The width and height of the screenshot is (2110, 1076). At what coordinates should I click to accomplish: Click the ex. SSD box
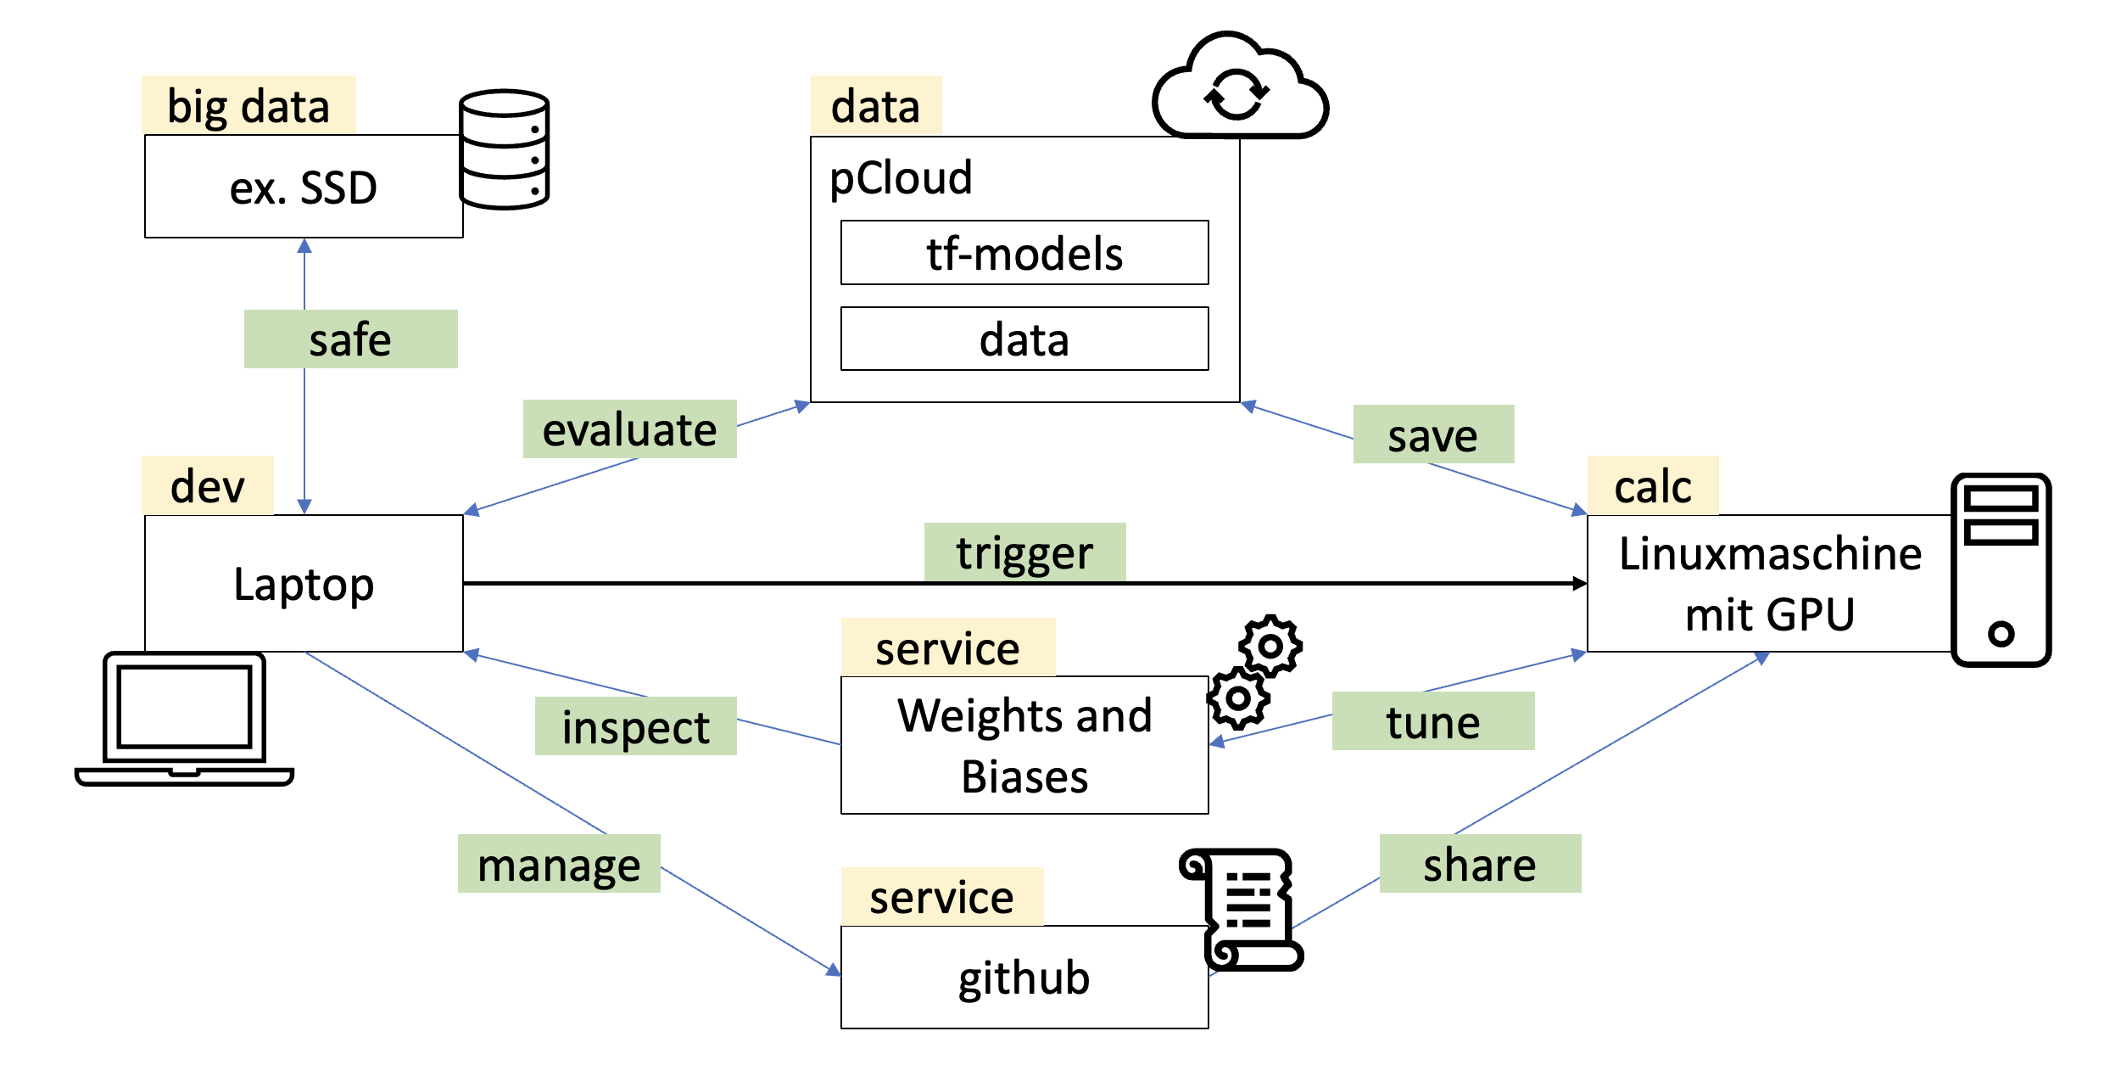point(304,187)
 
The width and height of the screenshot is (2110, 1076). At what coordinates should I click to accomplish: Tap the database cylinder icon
point(504,149)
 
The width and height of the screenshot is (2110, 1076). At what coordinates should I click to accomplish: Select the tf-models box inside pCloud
point(1024,253)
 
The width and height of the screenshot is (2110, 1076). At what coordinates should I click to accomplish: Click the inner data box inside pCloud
point(1024,339)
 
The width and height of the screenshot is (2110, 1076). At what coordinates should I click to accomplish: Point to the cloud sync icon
point(1239,89)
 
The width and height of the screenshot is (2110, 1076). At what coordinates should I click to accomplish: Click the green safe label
point(350,339)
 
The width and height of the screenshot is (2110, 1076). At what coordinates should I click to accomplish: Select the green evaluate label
point(629,429)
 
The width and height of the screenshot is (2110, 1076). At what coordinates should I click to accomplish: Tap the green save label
point(1433,434)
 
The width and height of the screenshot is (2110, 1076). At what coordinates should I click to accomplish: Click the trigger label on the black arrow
point(1024,552)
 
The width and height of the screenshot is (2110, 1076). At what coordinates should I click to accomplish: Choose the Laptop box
point(304,584)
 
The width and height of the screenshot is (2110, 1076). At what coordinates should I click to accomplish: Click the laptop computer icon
point(184,720)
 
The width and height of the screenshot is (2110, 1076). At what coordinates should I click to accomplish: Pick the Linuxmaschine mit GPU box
point(1769,584)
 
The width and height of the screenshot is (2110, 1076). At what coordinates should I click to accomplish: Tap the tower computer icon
point(2001,570)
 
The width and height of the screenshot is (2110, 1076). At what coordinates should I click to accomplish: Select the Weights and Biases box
point(1024,745)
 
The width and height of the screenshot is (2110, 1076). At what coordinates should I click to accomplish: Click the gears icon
point(1254,672)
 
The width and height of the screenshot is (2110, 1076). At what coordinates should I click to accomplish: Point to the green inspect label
point(635,726)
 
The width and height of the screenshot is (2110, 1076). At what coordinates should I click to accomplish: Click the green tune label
point(1433,721)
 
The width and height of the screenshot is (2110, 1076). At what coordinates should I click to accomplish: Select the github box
point(1024,978)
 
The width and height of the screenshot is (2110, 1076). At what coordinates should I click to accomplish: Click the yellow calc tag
point(1652,486)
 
